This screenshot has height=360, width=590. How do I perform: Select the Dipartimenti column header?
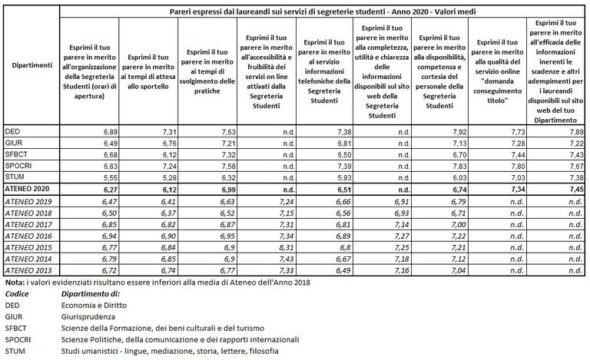(32, 66)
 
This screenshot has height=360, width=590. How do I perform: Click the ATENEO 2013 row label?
(29, 271)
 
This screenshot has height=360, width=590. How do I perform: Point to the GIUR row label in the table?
(14, 143)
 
